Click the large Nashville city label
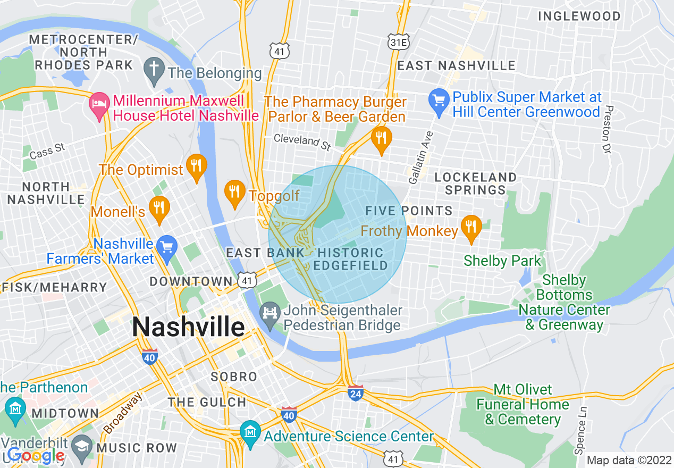(x=188, y=326)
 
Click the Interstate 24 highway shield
(x=355, y=393)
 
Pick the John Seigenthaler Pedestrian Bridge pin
(x=269, y=311)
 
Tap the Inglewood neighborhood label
(x=579, y=16)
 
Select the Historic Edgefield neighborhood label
(x=349, y=259)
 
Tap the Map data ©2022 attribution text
(x=628, y=460)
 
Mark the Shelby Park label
(x=502, y=261)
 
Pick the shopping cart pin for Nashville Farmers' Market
(x=168, y=248)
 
